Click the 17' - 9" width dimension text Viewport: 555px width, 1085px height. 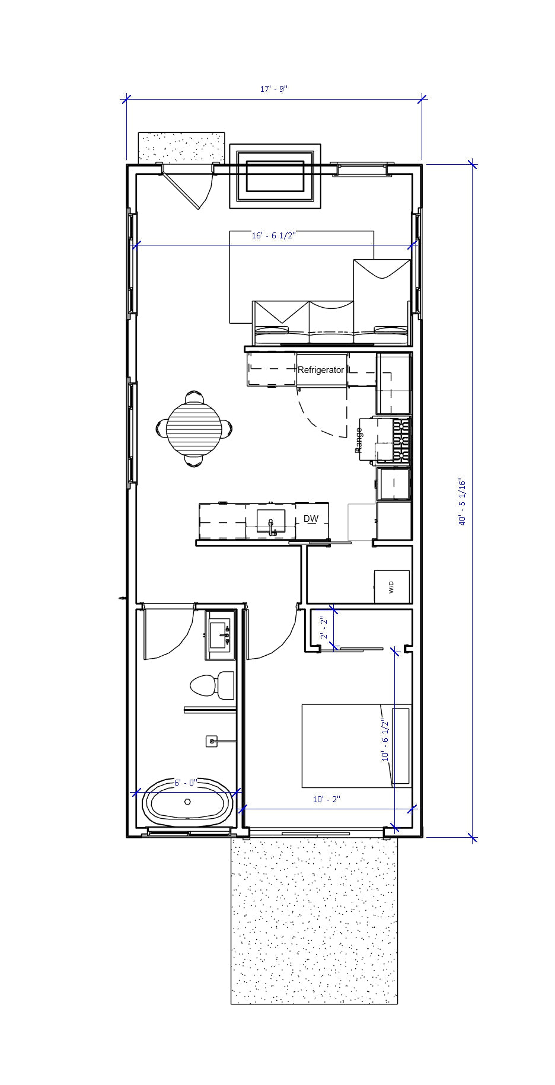[x=274, y=89]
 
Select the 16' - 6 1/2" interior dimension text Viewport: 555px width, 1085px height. [x=273, y=235]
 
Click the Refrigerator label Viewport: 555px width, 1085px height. [x=321, y=370]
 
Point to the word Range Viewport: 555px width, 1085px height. [x=358, y=440]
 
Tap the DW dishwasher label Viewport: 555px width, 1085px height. [x=311, y=519]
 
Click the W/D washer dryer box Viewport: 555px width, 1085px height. [x=391, y=587]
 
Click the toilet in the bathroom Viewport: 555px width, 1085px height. [x=212, y=685]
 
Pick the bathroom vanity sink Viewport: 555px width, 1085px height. [x=221, y=634]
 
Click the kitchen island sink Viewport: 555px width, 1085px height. [x=271, y=522]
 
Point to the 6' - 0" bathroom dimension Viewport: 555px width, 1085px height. [x=185, y=783]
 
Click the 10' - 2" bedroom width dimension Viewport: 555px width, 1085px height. [x=327, y=799]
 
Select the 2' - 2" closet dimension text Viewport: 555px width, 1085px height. [x=323, y=628]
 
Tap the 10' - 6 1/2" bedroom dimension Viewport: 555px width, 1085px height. [x=385, y=739]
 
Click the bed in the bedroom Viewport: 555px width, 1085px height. [x=347, y=745]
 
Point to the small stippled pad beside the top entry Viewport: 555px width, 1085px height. [x=181, y=146]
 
